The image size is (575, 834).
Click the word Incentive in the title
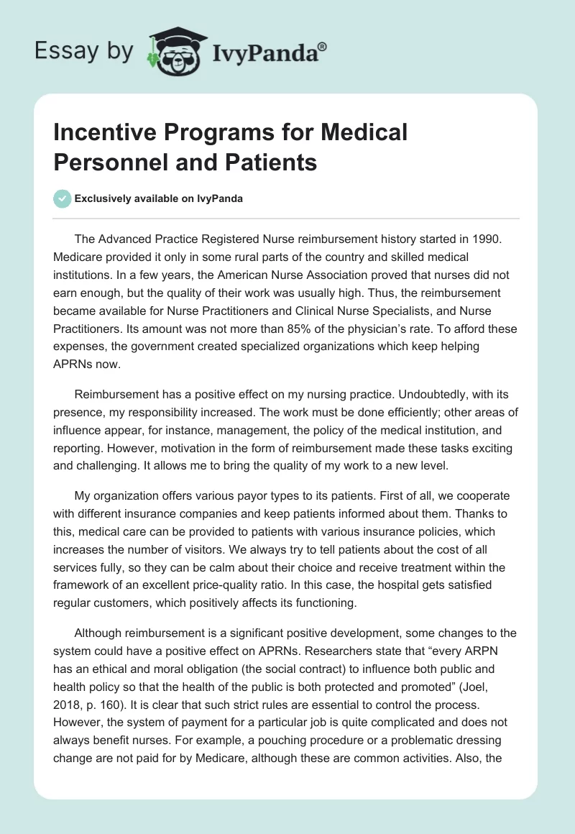point(101,133)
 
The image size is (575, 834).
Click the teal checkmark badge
point(63,198)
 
